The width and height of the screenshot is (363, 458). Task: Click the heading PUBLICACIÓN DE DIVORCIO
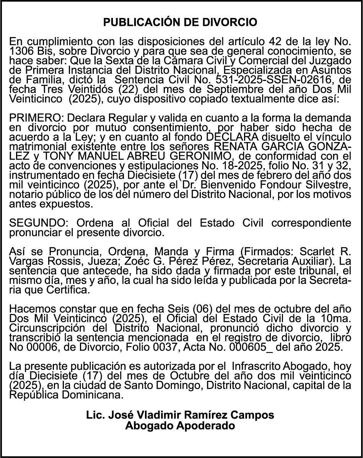[180, 23]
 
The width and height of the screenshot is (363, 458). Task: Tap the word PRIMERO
[34, 117]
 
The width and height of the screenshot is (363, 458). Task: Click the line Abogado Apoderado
[180, 426]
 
